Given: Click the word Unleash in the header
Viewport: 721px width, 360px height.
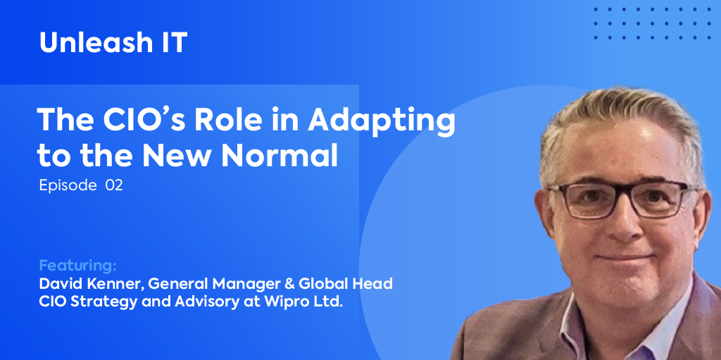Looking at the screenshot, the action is point(95,43).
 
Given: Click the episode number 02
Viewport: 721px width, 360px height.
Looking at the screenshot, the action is point(114,185).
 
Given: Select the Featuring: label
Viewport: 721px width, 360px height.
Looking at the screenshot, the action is point(77,266).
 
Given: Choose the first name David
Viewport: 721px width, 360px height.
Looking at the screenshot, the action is point(61,284).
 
